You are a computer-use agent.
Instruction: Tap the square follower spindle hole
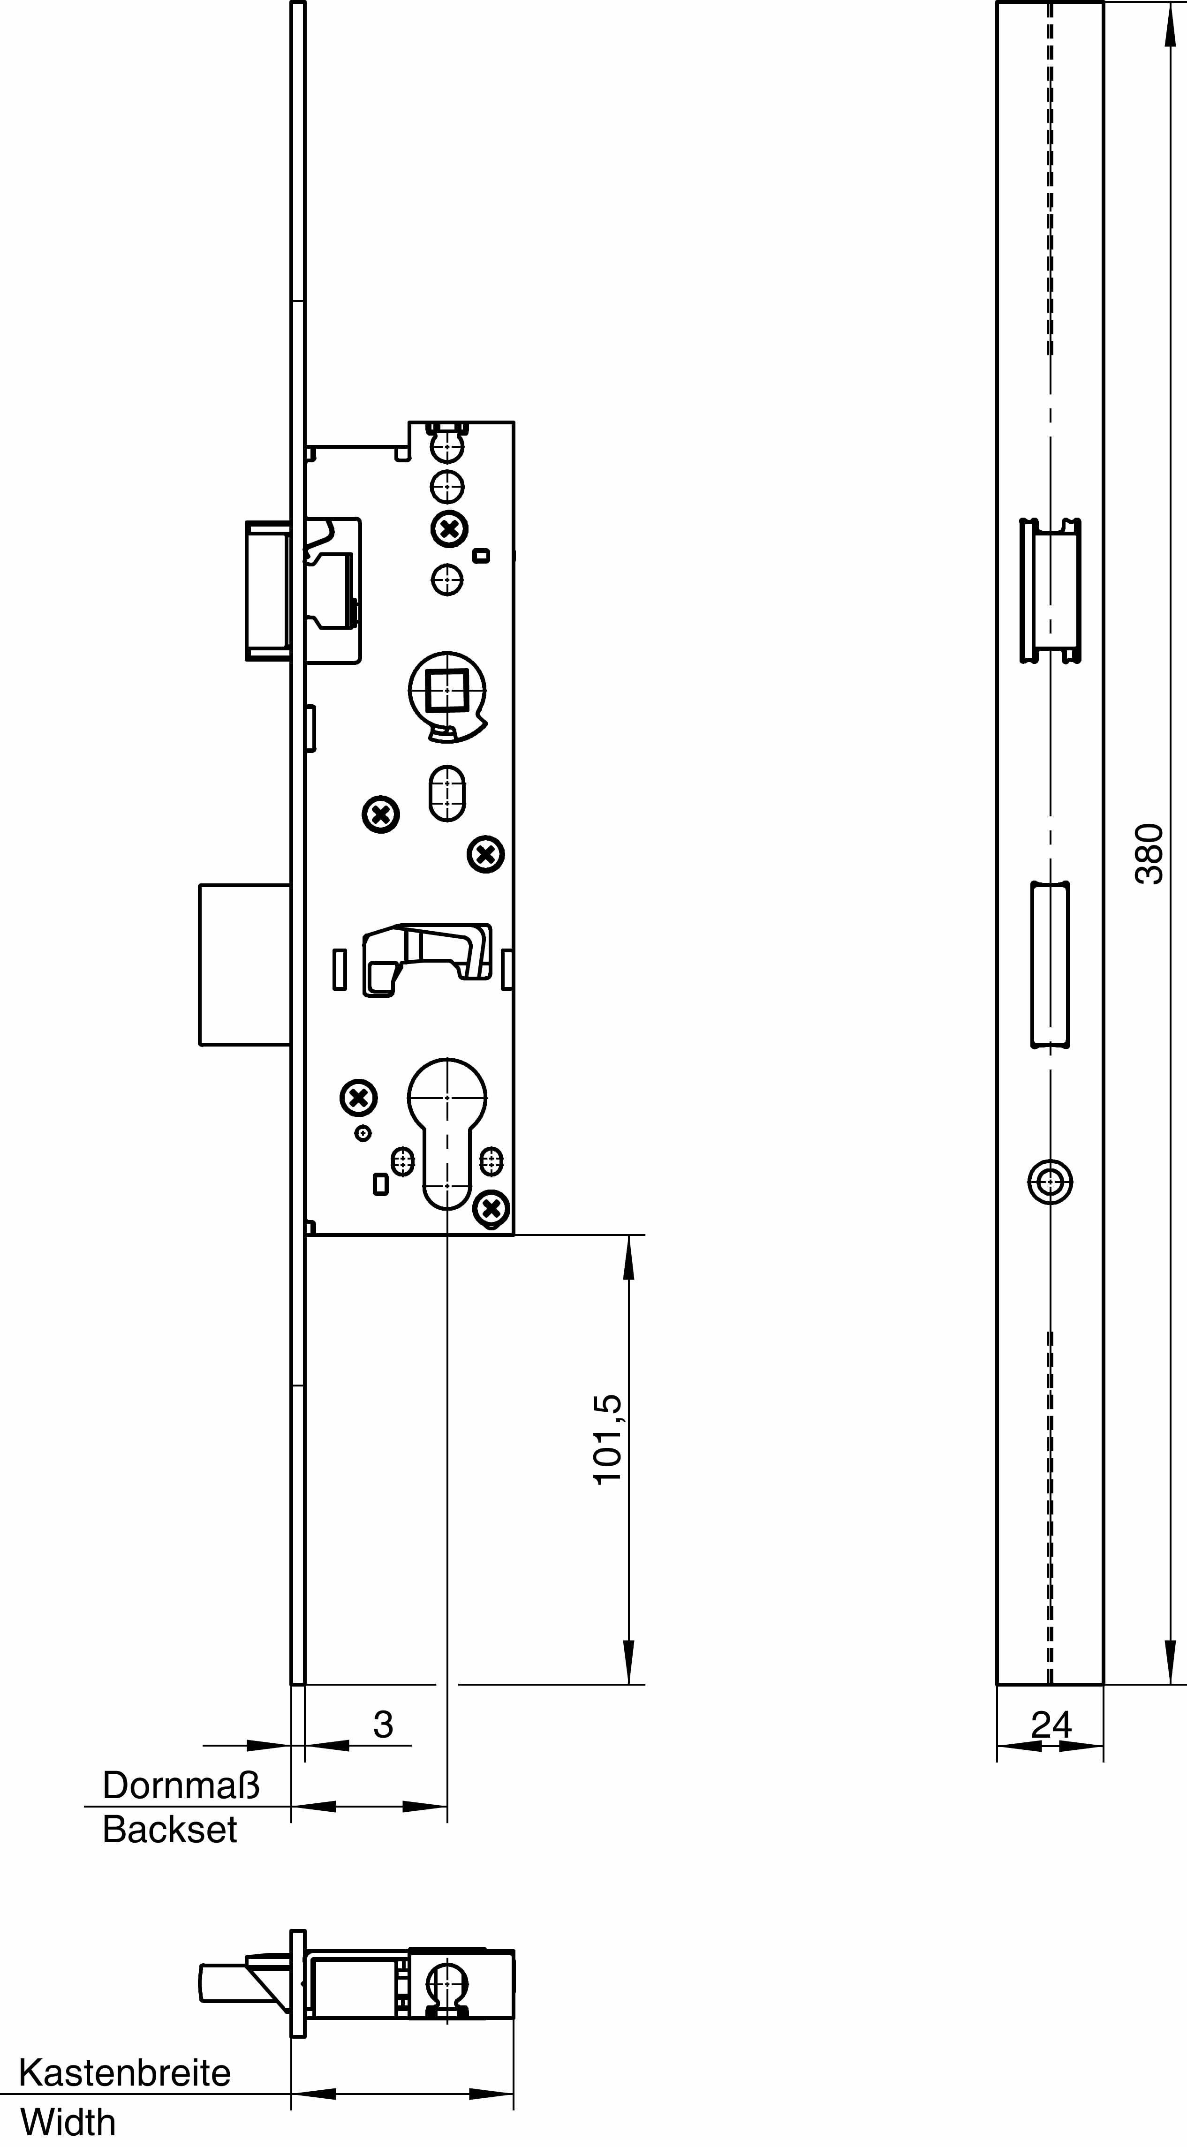[x=447, y=691]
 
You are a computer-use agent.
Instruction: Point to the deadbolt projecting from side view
[x=244, y=964]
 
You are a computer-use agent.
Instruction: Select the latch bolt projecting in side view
[x=267, y=591]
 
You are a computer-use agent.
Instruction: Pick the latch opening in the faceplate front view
[x=1051, y=591]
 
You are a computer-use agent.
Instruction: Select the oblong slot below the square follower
[x=447, y=793]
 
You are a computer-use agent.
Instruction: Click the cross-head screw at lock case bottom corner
[x=492, y=1208]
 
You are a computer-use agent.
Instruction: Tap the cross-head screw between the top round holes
[x=449, y=528]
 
